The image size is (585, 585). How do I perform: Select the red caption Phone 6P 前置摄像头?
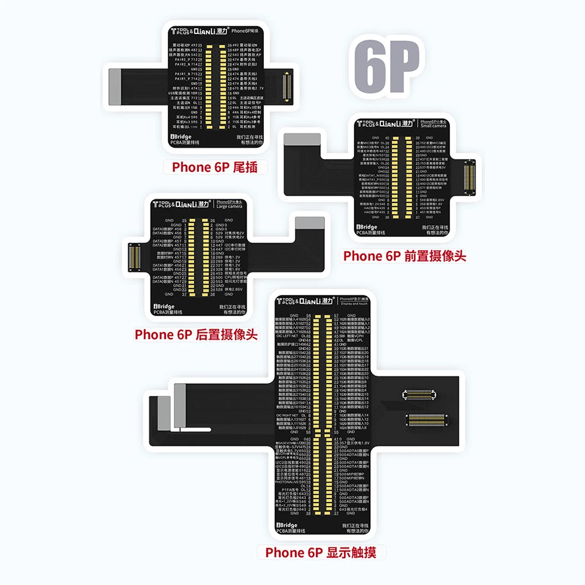(404, 256)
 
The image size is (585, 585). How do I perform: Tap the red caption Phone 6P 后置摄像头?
(196, 335)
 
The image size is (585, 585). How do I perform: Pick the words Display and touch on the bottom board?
(355, 303)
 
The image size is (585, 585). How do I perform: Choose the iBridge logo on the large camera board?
(164, 305)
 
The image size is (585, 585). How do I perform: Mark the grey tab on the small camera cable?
(301, 139)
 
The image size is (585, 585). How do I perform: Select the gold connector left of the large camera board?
(133, 257)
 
